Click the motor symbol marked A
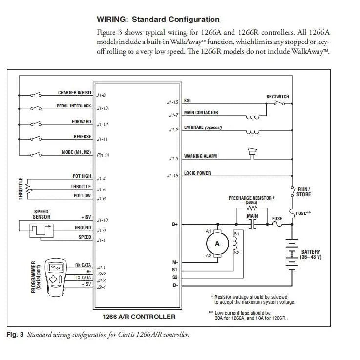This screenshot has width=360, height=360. (x=217, y=243)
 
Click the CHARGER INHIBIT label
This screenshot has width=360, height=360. (x=74, y=93)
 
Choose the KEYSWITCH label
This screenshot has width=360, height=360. (x=277, y=97)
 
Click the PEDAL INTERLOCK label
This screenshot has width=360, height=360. (x=74, y=106)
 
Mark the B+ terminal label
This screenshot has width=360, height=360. (x=175, y=224)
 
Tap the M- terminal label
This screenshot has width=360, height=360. (x=175, y=262)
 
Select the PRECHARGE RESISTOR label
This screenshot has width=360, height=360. (x=252, y=198)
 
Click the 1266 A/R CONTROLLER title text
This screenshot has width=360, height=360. (x=139, y=317)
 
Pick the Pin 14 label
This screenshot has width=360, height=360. (x=103, y=155)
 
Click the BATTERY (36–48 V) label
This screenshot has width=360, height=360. (x=311, y=254)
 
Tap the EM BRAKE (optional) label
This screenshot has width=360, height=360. (x=203, y=127)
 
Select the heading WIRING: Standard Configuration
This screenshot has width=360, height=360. (x=158, y=20)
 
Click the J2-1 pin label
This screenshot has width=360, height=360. (x=101, y=268)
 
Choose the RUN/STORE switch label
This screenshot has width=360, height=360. (x=303, y=192)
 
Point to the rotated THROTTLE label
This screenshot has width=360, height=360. (x=21, y=189)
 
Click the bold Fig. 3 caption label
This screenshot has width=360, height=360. (x=15, y=335)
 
